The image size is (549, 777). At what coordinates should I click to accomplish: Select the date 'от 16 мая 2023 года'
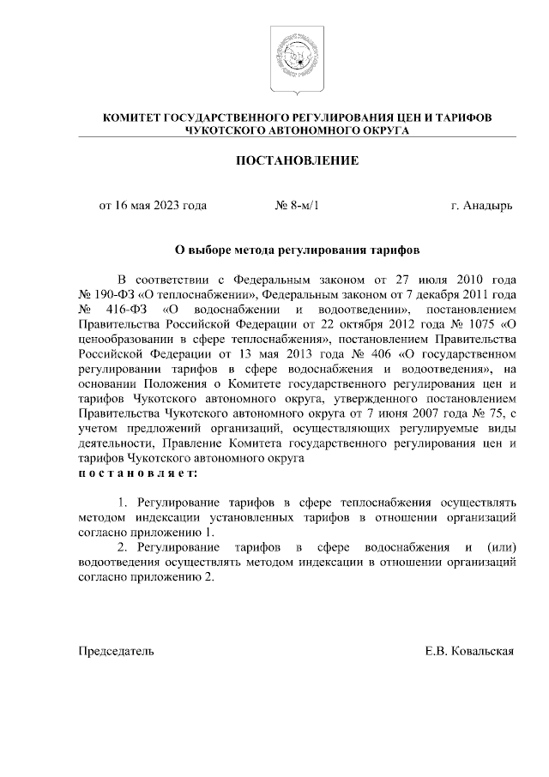(x=153, y=206)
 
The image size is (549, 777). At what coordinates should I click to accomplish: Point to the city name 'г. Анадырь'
(x=481, y=206)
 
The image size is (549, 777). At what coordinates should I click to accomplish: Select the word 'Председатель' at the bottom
(x=117, y=651)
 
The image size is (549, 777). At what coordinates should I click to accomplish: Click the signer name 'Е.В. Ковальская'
(x=469, y=651)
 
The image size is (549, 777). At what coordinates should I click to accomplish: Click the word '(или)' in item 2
(x=499, y=546)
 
